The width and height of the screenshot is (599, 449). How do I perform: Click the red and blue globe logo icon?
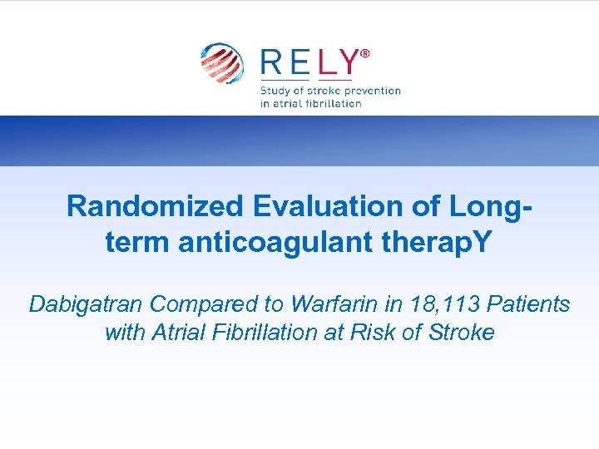[x=221, y=64]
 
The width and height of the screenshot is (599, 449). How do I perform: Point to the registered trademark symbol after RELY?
[x=365, y=53]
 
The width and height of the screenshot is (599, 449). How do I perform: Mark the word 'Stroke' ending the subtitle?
[x=461, y=333]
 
